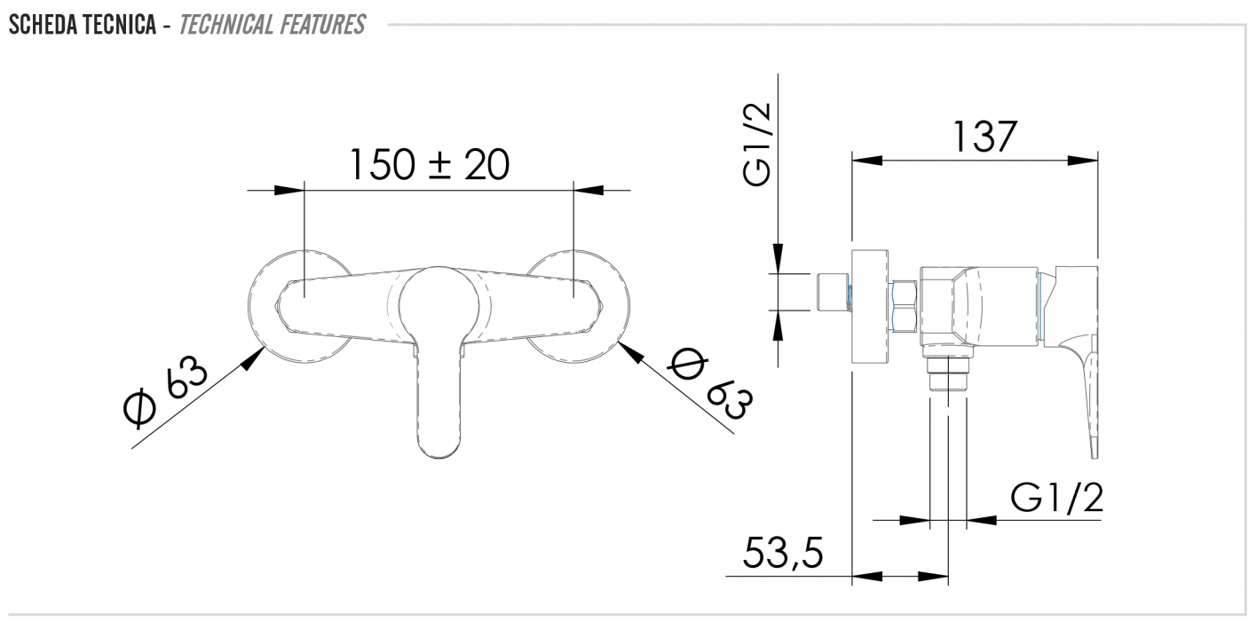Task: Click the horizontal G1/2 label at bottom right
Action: click(1056, 499)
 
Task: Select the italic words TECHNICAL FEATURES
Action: click(272, 24)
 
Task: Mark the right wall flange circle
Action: click(613, 307)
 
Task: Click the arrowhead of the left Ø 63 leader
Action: click(257, 357)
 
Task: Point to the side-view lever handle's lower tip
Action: click(1094, 448)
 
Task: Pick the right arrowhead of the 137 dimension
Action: click(1087, 161)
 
